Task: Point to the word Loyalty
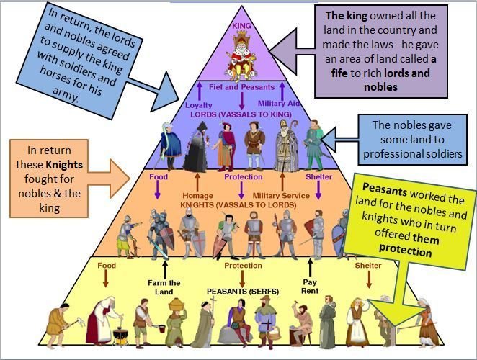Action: pos(199,104)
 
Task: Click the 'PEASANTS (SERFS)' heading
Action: pos(238,291)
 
